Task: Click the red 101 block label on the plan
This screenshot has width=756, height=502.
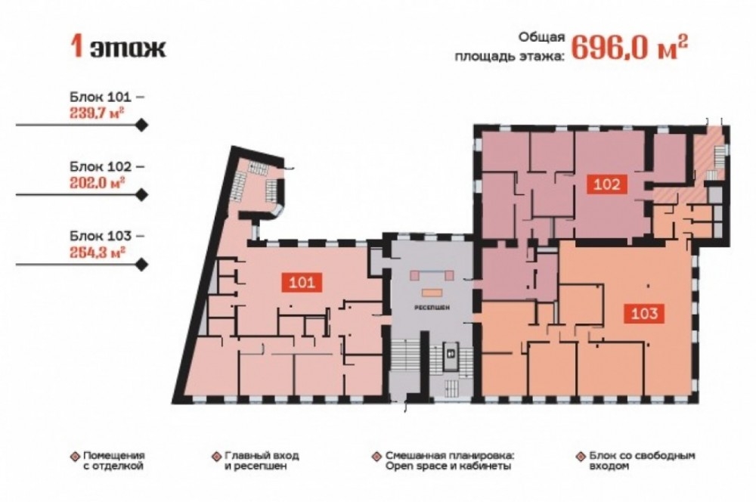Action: click(302, 282)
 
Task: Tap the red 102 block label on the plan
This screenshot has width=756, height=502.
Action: click(606, 184)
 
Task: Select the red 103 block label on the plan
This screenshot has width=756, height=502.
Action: click(644, 314)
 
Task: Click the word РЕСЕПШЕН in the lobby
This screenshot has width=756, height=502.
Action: click(431, 307)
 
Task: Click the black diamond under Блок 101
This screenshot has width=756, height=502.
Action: click(141, 125)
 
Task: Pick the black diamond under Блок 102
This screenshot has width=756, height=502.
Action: click(141, 195)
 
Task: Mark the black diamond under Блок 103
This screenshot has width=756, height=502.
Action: click(141, 265)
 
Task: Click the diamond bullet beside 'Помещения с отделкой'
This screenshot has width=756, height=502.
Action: click(74, 456)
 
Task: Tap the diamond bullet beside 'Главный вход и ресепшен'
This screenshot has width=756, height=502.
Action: click(216, 456)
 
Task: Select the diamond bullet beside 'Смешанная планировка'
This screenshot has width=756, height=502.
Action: click(376, 456)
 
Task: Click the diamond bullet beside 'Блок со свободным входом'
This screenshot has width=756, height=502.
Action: click(581, 456)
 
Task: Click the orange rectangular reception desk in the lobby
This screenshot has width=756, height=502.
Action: click(431, 293)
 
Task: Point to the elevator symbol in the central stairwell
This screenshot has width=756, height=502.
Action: click(451, 352)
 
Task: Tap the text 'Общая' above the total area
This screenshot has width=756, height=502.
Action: click(541, 37)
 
